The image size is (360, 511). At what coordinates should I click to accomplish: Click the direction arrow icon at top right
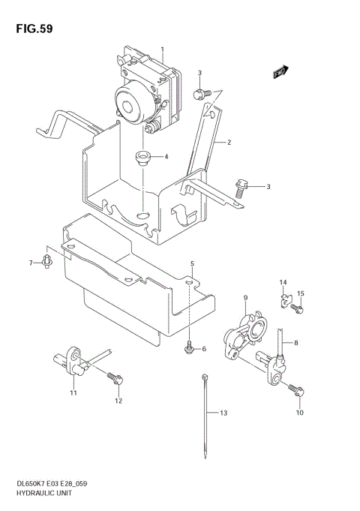[280, 73]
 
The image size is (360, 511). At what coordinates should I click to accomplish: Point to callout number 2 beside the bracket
[229, 142]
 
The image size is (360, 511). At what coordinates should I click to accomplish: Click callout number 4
[166, 157]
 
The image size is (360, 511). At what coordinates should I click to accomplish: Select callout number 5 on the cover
[192, 264]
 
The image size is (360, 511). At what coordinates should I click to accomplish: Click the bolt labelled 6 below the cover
[189, 347]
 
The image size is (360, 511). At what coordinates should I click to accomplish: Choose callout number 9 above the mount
[244, 299]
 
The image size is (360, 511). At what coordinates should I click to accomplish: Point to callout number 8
[295, 343]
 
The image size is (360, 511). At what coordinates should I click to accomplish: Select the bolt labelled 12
[116, 379]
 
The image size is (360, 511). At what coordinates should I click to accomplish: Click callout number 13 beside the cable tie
[222, 413]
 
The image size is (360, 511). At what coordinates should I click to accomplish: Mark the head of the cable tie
[204, 375]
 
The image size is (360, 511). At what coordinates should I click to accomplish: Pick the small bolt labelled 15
[297, 308]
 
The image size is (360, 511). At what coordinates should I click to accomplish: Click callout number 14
[283, 282]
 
